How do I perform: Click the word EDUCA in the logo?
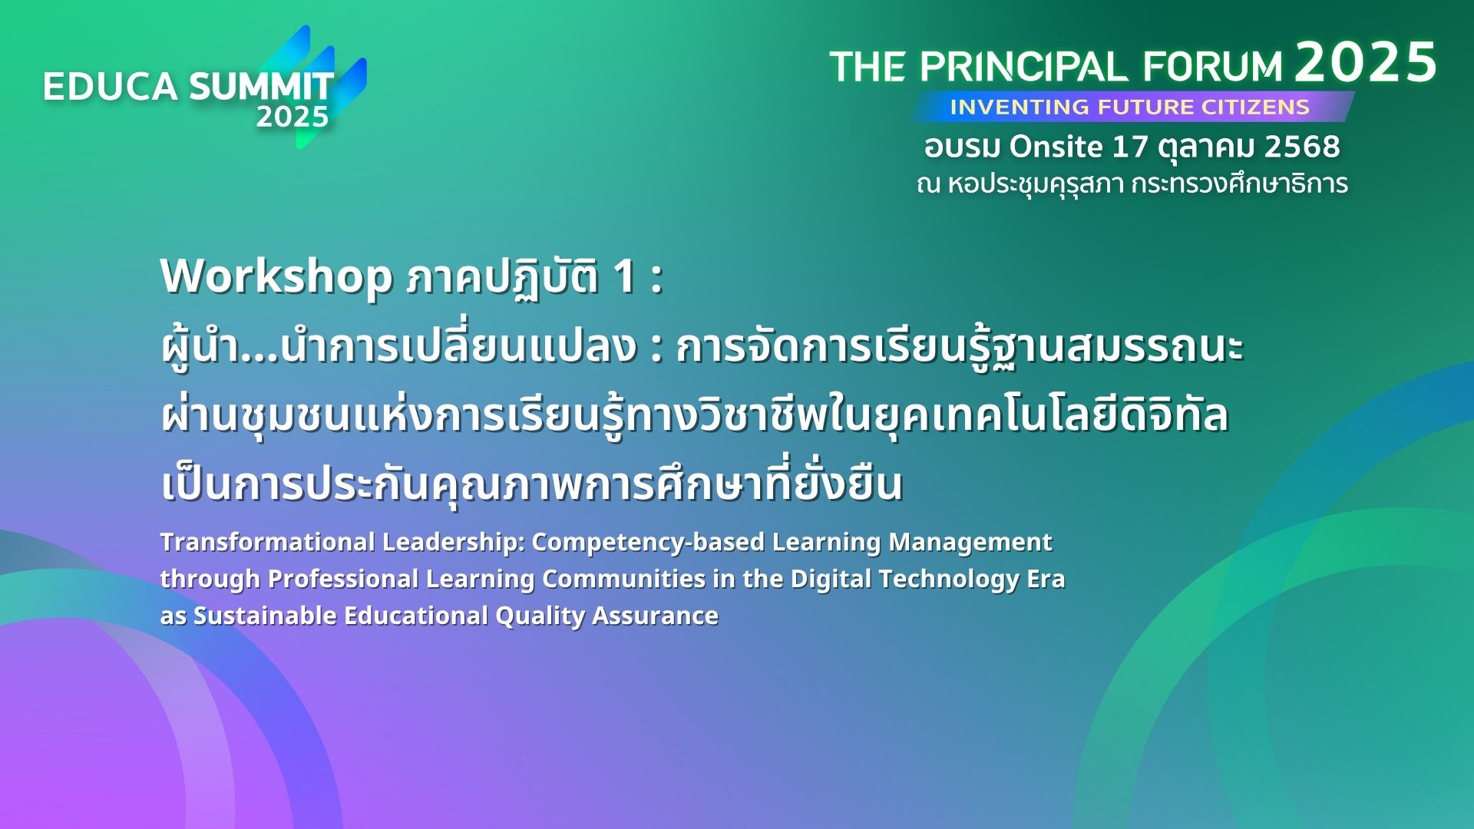(x=111, y=87)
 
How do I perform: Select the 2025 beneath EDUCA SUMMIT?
(x=292, y=117)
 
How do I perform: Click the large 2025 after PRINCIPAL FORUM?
(x=1366, y=62)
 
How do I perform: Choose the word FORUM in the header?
(x=1213, y=67)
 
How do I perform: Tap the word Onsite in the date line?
(x=1056, y=146)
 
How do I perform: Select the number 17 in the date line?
(x=1130, y=147)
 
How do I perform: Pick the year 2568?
(x=1302, y=147)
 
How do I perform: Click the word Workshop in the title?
(x=277, y=276)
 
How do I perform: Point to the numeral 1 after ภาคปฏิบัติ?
(x=625, y=277)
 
